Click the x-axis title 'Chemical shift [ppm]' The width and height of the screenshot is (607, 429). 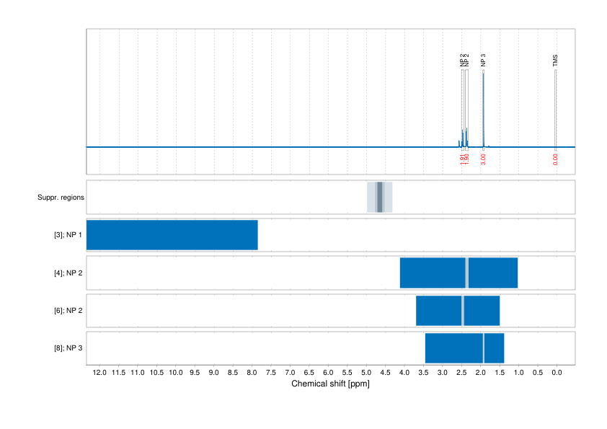330,384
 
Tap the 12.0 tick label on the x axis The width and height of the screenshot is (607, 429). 99,373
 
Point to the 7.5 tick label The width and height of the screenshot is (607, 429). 271,373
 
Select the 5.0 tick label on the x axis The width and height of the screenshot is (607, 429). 366,373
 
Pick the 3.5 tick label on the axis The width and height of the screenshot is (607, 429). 423,373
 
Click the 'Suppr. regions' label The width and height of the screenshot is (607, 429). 61,197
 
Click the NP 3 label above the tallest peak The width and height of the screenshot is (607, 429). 483,61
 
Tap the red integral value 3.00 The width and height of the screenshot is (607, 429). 483,159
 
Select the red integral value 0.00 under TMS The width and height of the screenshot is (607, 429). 555,159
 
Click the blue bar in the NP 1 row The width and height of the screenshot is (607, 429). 172,235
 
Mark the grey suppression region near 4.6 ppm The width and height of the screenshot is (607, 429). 380,197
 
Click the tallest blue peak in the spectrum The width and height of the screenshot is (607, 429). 483,108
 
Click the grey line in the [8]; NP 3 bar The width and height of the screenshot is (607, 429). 483,348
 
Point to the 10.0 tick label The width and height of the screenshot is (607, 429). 176,373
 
